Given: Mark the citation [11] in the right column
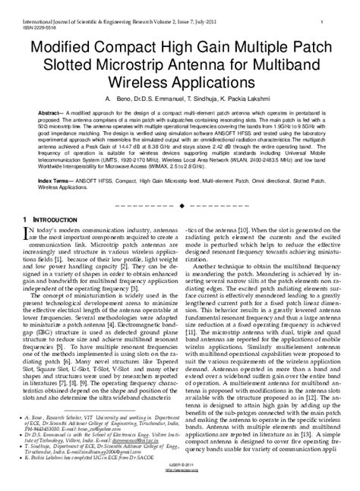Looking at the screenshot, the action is coord(195,332).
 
